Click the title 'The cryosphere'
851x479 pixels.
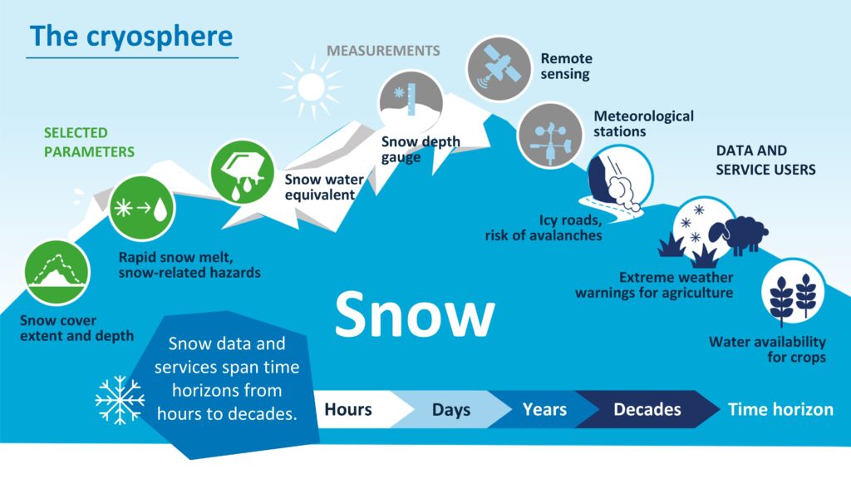point(131,37)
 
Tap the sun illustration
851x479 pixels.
point(311,86)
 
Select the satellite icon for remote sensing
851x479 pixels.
point(499,69)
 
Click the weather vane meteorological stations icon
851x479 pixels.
point(550,136)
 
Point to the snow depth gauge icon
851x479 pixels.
point(411,102)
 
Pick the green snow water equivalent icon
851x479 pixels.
point(242,172)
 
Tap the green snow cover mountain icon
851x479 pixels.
point(57,273)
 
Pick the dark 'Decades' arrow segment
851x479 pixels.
point(647,409)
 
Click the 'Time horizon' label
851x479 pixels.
point(780,409)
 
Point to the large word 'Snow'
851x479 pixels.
point(415,314)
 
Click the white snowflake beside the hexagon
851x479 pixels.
point(120,400)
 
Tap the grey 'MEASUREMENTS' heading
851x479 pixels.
point(383,51)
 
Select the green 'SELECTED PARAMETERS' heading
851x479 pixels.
point(89,141)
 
